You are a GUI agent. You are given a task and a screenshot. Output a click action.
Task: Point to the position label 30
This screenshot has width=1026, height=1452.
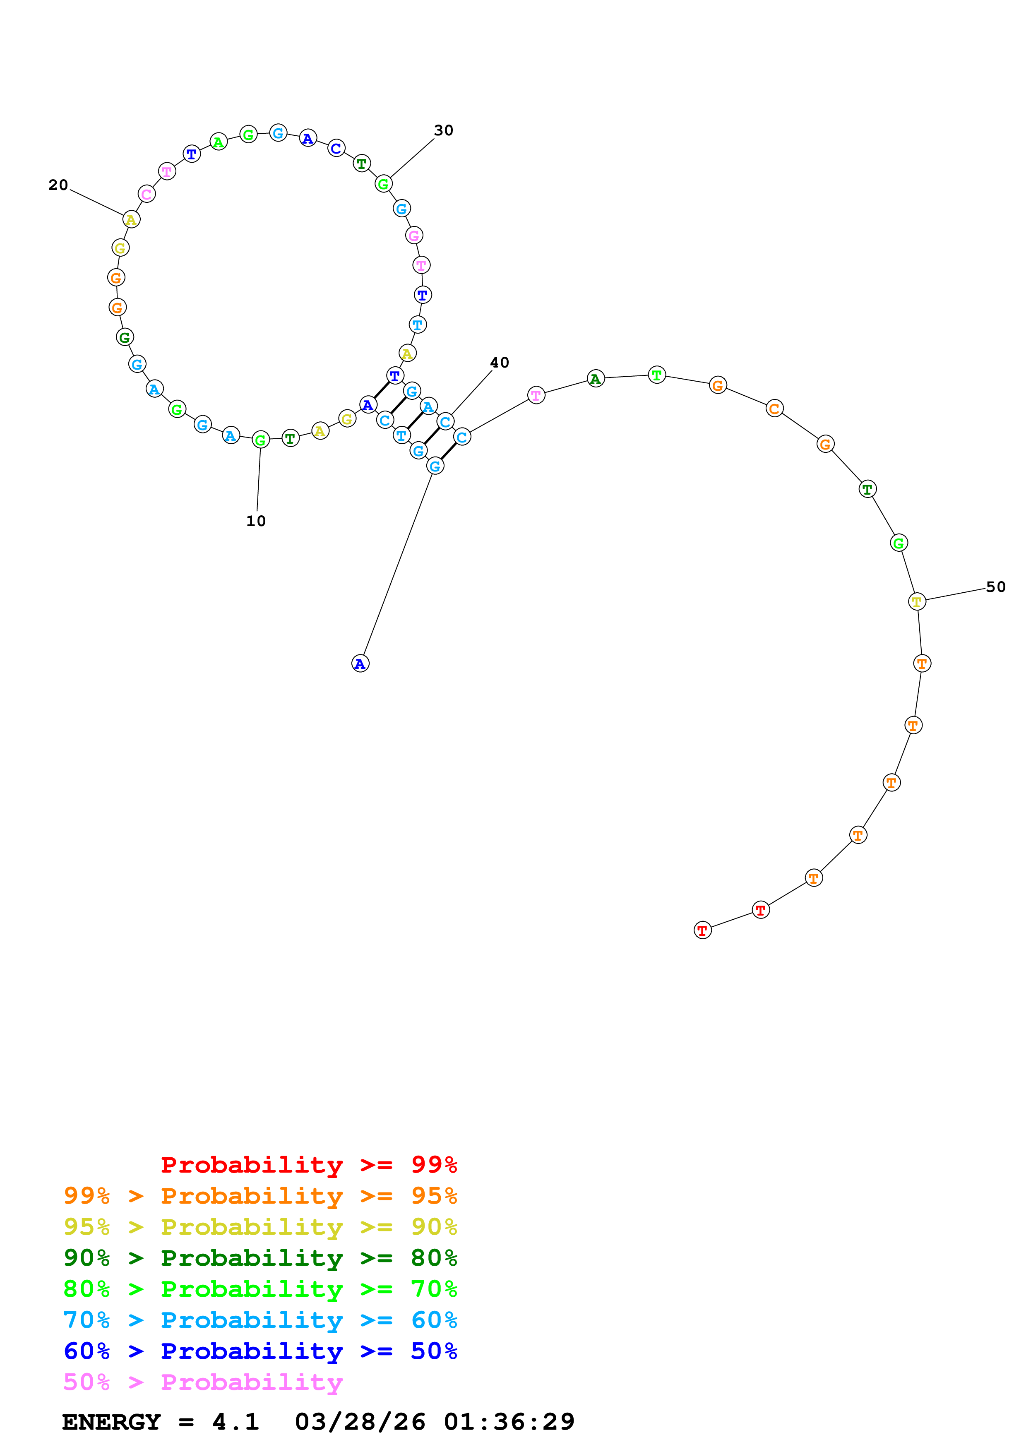tap(443, 130)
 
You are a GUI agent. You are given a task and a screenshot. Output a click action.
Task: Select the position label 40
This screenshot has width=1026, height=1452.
tap(500, 362)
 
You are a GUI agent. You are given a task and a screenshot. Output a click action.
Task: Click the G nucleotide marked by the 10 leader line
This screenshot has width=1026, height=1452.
tap(260, 440)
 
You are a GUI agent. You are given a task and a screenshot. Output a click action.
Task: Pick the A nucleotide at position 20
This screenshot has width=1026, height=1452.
tap(131, 219)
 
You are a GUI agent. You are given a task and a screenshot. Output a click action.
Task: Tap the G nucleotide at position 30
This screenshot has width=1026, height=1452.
tap(383, 184)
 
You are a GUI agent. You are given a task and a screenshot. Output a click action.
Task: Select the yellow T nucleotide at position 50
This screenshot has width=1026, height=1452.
tap(917, 601)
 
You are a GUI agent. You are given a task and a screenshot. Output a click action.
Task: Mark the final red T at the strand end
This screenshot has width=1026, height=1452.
tap(702, 930)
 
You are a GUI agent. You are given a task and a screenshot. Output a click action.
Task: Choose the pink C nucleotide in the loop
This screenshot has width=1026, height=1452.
tap(147, 194)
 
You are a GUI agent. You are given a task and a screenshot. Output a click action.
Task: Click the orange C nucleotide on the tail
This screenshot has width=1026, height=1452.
tap(774, 409)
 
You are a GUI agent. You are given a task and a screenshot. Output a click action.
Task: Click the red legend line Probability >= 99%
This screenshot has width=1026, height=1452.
tap(308, 1165)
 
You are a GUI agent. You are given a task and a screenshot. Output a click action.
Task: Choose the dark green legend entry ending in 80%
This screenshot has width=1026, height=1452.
tap(260, 1258)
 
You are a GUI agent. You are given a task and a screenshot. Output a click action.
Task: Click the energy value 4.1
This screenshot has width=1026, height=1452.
tap(235, 1422)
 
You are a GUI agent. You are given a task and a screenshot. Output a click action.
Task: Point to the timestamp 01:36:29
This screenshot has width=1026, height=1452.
tap(509, 1422)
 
